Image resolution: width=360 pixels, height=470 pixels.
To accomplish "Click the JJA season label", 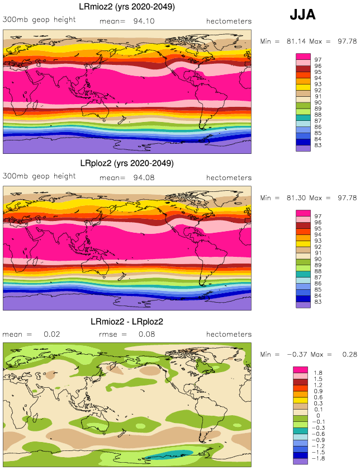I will pos(302,15).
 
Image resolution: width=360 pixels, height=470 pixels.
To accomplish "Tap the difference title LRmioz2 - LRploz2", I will pos(126,322).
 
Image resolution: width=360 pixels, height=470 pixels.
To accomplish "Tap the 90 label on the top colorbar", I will pos(318,102).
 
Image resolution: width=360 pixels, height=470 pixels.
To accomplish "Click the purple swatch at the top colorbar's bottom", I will pos(303,148).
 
